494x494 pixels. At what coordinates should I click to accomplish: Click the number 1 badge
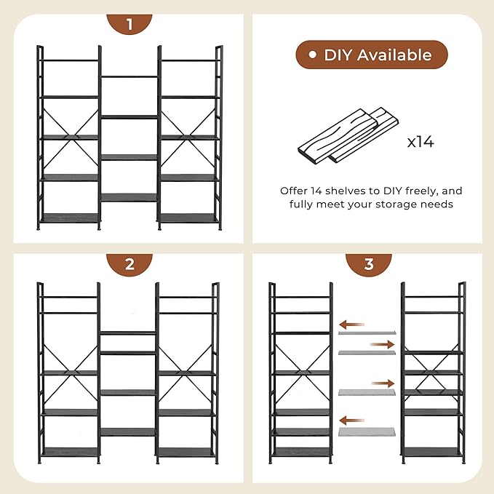[x=130, y=24]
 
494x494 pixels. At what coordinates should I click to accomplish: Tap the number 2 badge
[x=130, y=264]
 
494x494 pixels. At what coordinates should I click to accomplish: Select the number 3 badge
[x=369, y=264]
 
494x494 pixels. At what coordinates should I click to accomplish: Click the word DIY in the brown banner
[x=338, y=55]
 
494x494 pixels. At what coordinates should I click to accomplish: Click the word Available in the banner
[x=394, y=55]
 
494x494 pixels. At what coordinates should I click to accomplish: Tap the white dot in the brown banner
[x=312, y=55]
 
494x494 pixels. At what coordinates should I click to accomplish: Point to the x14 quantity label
[x=421, y=142]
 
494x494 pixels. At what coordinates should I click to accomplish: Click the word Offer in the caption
[x=293, y=191]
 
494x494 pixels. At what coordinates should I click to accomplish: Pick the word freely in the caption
[x=422, y=191]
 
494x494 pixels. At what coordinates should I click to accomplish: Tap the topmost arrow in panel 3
[x=352, y=324]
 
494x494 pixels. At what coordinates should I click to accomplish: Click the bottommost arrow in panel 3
[x=352, y=421]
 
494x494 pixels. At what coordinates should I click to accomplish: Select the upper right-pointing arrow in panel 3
[x=382, y=345]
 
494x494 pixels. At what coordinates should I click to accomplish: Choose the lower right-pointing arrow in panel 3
[x=383, y=383]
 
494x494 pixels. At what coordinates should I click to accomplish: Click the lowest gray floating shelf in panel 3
[x=367, y=431]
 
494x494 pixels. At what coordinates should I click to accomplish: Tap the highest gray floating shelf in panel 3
[x=367, y=332]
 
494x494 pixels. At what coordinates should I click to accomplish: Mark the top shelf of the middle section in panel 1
[x=130, y=76]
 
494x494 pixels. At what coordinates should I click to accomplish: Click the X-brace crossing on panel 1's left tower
[x=71, y=138]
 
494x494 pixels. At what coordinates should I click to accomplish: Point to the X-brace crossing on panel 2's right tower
[x=187, y=373]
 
